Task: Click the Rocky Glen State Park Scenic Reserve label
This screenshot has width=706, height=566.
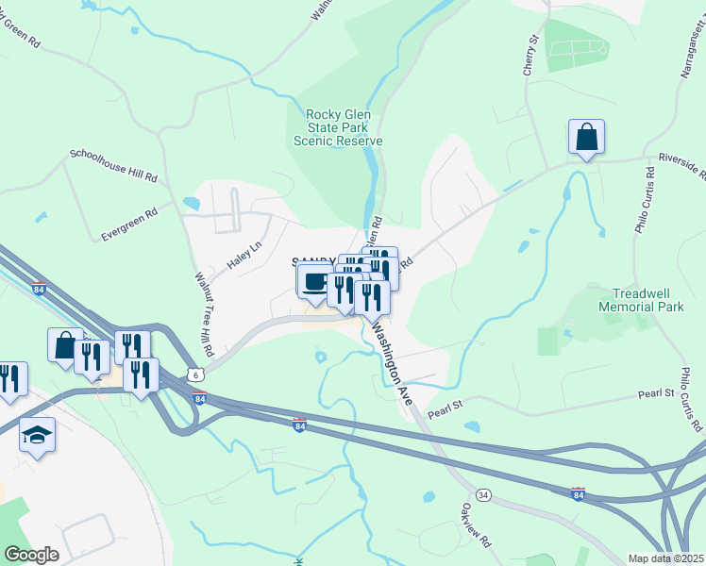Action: click(x=338, y=127)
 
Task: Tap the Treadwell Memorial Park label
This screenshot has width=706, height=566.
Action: click(x=647, y=300)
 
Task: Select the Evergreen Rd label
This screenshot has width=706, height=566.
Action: click(x=129, y=223)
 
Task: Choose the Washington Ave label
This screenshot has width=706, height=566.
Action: click(x=392, y=364)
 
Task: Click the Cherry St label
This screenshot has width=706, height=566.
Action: click(x=532, y=53)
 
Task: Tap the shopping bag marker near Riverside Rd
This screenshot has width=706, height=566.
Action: click(x=586, y=137)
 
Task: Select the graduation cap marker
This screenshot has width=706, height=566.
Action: click(x=37, y=435)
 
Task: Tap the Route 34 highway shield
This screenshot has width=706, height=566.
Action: click(x=483, y=493)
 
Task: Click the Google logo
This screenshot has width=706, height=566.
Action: click(x=31, y=555)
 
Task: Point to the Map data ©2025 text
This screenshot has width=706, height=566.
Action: click(x=666, y=558)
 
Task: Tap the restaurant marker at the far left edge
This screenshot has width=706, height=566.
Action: click(x=9, y=379)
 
